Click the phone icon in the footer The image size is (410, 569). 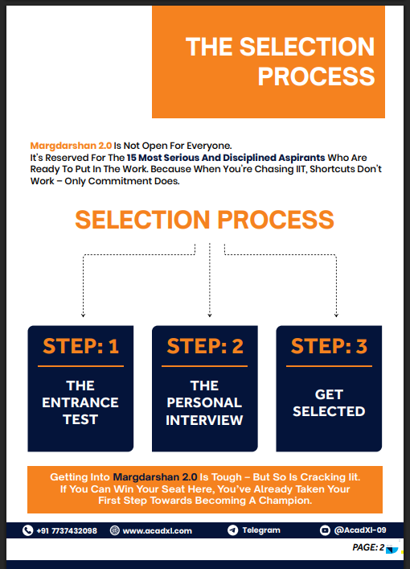(x=27, y=530)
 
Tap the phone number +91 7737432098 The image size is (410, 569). (x=67, y=531)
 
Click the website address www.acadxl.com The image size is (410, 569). (x=158, y=531)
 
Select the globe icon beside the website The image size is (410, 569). (x=114, y=530)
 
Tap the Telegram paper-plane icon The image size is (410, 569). (x=232, y=530)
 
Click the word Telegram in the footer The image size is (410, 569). (x=261, y=530)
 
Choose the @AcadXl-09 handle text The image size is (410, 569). (x=360, y=530)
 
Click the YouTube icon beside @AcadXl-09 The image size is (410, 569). (x=325, y=530)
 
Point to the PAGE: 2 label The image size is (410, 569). (x=368, y=547)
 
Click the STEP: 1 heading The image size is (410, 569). (x=81, y=346)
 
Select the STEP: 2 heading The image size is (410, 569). (x=205, y=346)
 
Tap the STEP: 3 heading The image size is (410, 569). (x=329, y=346)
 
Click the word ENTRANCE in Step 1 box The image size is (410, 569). (x=80, y=402)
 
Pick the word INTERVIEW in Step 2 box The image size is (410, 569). (x=204, y=420)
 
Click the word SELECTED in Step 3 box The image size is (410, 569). (x=329, y=411)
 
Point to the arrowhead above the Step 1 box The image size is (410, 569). (x=84, y=315)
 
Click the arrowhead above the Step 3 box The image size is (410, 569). (x=336, y=315)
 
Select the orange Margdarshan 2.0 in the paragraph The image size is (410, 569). (x=71, y=146)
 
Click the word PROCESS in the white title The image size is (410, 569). (x=316, y=76)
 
